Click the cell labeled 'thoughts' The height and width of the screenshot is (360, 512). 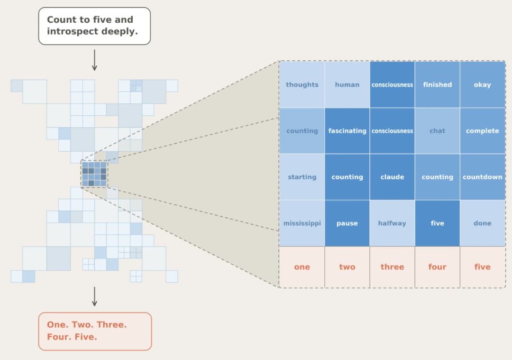(302, 84)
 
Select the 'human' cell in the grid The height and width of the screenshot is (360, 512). (347, 84)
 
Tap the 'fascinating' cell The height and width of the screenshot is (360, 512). (347, 130)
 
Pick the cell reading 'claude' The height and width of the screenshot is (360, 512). (392, 177)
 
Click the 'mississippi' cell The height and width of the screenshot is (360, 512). (302, 223)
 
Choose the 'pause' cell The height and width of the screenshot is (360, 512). (347, 223)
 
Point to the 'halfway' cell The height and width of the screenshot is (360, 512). (392, 223)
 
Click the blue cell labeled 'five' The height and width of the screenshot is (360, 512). (437, 223)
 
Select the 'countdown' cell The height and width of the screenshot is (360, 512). (483, 177)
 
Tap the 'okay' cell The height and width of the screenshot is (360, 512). (483, 84)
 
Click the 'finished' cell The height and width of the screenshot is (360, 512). (437, 84)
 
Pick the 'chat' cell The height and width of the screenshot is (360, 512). (437, 130)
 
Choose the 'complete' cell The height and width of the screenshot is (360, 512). (483, 130)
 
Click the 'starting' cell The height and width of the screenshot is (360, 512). (302, 177)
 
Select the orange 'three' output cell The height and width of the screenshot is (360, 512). (392, 267)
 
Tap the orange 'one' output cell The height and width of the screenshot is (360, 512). (302, 267)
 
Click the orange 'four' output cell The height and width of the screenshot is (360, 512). (437, 267)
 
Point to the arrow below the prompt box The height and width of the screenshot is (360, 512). (94, 60)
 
